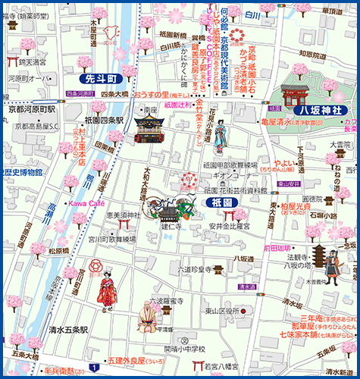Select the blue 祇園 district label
coord(222,203)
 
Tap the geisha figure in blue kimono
coord(219,138)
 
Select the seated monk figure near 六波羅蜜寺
coord(146,318)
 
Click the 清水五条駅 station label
coord(64,330)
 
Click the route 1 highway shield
coord(92,368)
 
